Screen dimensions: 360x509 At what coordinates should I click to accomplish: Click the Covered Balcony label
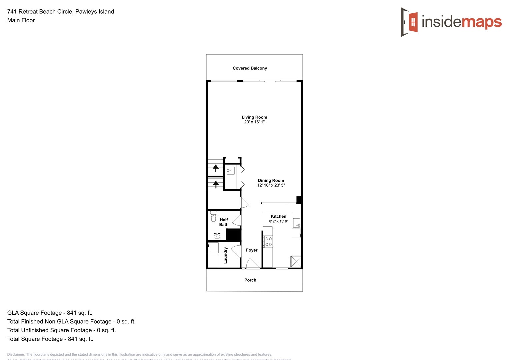[250, 68]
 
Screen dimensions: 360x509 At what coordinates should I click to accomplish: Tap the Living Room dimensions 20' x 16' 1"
[254, 122]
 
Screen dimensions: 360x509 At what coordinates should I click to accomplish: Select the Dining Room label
[271, 180]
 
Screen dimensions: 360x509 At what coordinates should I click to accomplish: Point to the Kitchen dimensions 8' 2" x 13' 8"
[278, 221]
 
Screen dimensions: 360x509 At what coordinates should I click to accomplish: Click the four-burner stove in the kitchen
[268, 242]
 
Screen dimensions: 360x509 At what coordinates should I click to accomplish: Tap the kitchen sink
[296, 223]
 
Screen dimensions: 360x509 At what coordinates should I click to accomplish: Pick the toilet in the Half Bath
[214, 217]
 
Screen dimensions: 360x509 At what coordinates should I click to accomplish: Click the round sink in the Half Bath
[217, 236]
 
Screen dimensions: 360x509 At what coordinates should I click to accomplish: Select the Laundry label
[226, 255]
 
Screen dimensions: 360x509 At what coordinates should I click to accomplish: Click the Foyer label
[252, 250]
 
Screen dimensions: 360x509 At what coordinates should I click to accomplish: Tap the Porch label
[250, 280]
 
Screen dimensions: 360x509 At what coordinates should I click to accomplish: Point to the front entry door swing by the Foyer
[252, 263]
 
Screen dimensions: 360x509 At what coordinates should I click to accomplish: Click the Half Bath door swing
[237, 220]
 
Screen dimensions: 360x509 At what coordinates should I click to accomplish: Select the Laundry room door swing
[236, 251]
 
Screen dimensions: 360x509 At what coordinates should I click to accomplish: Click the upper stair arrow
[216, 168]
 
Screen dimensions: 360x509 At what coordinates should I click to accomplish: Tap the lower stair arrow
[216, 184]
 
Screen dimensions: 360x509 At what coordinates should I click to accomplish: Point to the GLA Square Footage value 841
[72, 313]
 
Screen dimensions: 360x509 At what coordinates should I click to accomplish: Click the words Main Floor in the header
[21, 20]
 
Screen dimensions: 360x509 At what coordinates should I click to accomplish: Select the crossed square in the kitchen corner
[296, 261]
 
